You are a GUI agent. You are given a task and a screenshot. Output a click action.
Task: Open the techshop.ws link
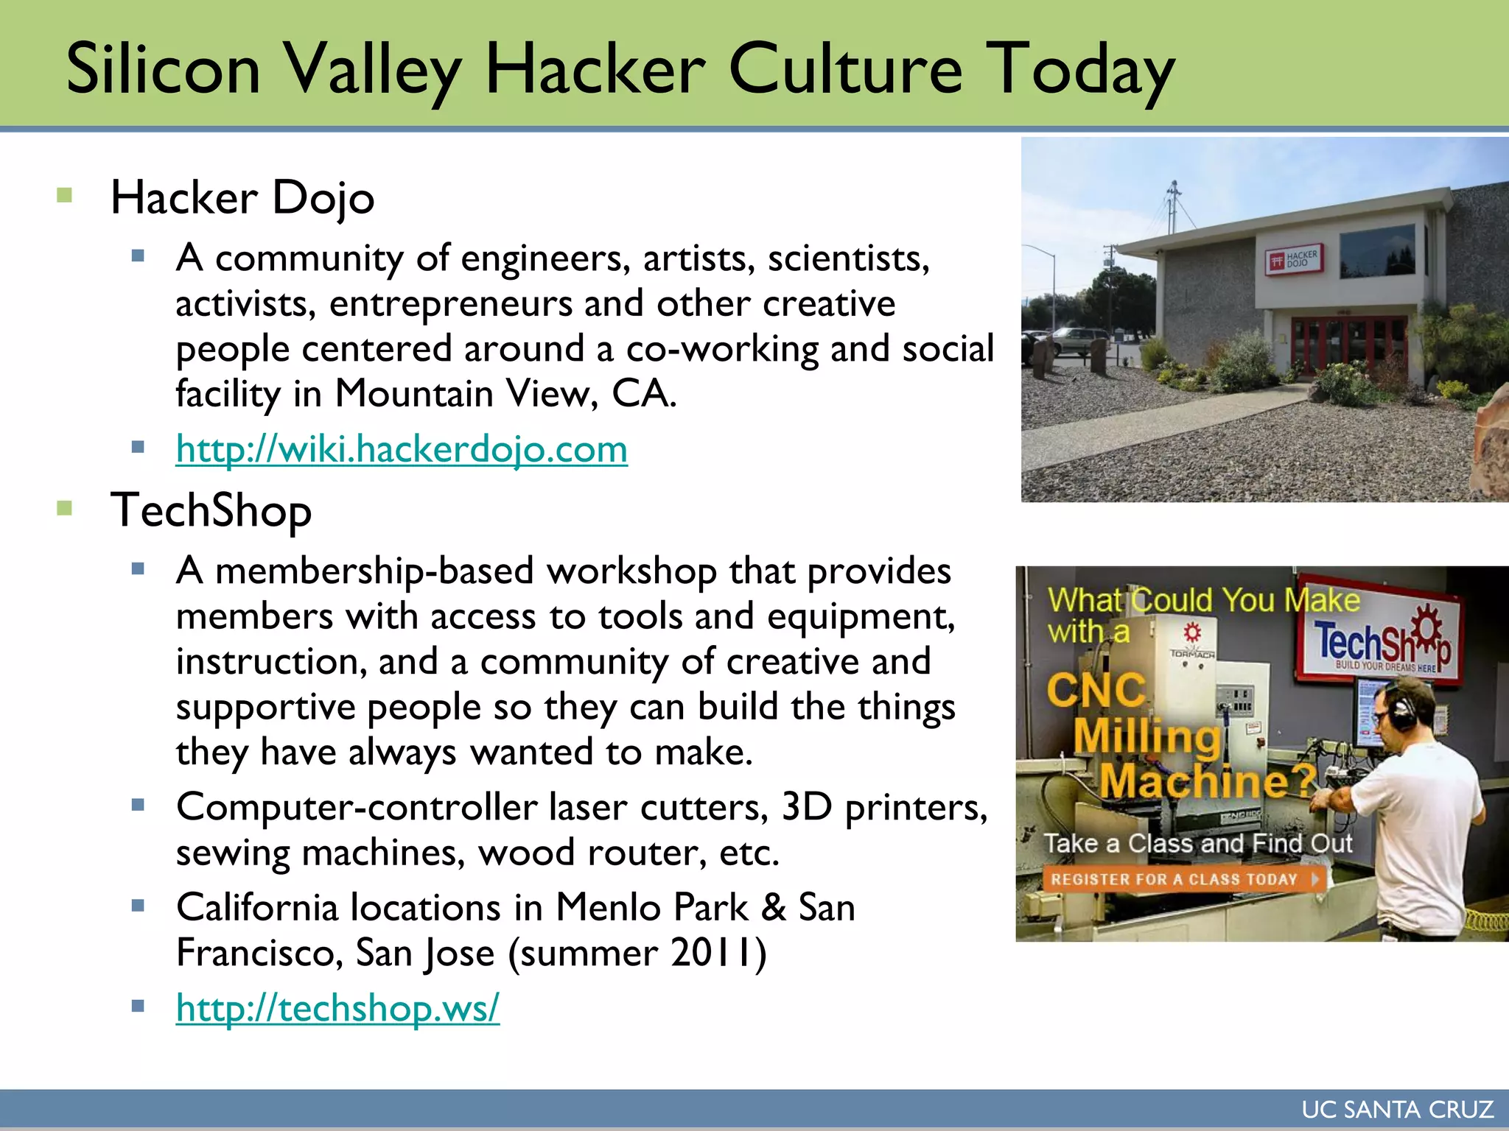(x=337, y=1007)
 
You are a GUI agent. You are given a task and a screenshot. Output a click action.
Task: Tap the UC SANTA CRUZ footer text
(x=1397, y=1110)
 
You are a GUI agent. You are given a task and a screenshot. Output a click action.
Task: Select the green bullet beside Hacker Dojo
(x=65, y=195)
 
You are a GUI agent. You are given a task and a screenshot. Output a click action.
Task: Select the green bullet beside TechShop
(x=65, y=508)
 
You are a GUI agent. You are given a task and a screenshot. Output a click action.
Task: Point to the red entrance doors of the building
(x=1348, y=343)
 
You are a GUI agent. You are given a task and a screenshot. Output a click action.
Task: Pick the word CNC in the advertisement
(x=1096, y=691)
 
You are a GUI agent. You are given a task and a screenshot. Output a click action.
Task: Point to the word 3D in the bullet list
(x=806, y=807)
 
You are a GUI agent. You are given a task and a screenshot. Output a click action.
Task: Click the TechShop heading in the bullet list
(x=211, y=510)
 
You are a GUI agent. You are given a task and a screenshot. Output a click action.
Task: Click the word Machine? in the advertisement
(x=1208, y=782)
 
